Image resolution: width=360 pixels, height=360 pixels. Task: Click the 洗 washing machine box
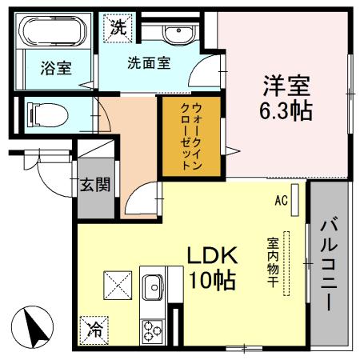pyautogui.click(x=118, y=26)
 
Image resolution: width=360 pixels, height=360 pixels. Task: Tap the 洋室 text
pyautogui.click(x=284, y=84)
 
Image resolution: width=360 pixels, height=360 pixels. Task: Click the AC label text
pyautogui.click(x=280, y=200)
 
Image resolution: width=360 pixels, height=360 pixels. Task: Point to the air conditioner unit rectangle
pyautogui.click(x=296, y=198)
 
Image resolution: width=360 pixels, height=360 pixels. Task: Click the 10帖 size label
pyautogui.click(x=212, y=280)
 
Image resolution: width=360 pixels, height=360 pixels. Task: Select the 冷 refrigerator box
pyautogui.click(x=95, y=328)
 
